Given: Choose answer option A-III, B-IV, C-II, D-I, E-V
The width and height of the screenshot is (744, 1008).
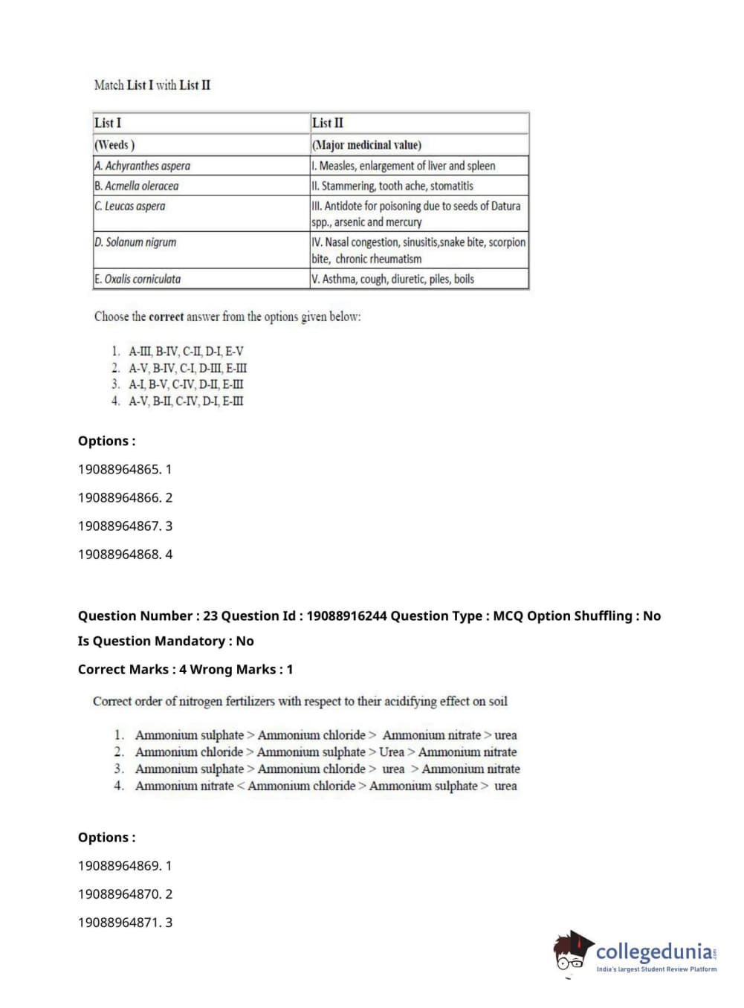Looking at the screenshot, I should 186,352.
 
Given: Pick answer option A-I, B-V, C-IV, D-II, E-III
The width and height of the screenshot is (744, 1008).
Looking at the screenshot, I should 186,384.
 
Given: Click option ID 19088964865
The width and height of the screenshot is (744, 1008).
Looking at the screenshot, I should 125,470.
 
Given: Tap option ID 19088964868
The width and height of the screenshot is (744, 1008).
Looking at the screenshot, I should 125,555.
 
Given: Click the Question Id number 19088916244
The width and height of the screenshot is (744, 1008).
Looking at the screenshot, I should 346,616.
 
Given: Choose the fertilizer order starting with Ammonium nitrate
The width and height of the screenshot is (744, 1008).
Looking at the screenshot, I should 326,786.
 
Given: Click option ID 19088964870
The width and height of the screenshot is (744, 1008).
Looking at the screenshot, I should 125,894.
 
